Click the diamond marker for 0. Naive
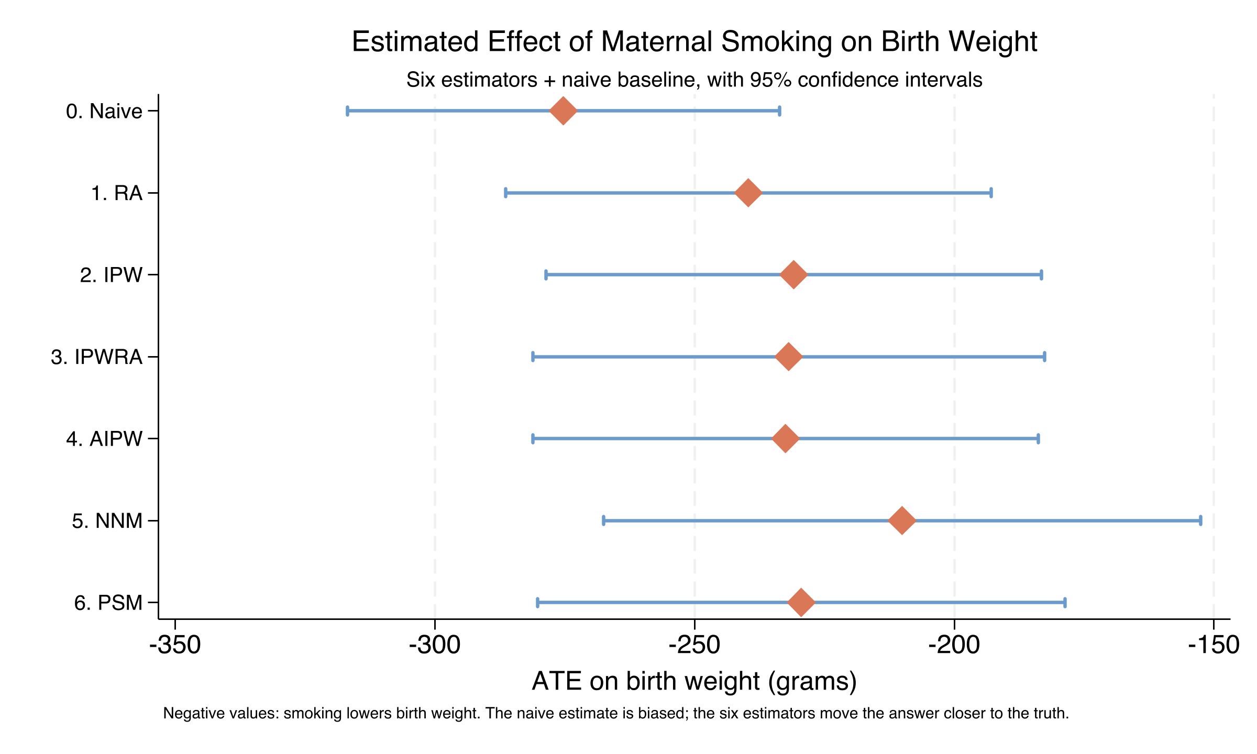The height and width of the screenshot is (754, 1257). [x=563, y=111]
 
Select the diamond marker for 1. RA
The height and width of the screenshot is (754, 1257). [x=748, y=193]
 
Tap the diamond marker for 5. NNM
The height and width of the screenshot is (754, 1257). [x=902, y=520]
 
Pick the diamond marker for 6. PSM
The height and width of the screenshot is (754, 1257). [x=801, y=603]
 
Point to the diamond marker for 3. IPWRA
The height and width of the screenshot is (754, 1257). [x=789, y=357]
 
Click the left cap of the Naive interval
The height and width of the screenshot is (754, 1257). [x=348, y=111]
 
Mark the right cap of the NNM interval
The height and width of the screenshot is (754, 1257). [x=1200, y=520]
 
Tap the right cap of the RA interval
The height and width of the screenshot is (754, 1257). [x=991, y=193]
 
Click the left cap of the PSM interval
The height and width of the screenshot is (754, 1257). [x=538, y=603]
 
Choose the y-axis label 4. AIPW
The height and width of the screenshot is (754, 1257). [x=104, y=439]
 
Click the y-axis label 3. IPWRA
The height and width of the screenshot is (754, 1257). [x=97, y=357]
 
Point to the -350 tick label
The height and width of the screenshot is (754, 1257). [x=175, y=646]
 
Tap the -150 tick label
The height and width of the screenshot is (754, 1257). [x=1214, y=646]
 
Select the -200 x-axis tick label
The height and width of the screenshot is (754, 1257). [x=954, y=646]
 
